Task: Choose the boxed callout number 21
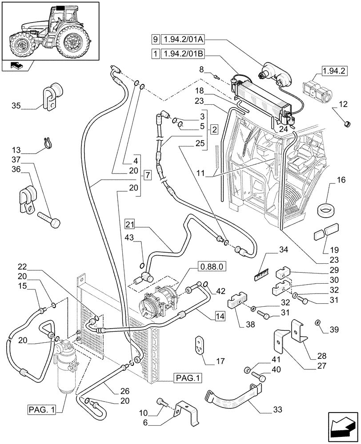click(129, 223)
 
